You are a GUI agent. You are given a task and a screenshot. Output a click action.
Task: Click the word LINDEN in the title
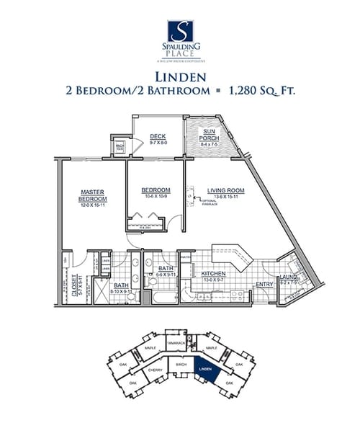(180, 76)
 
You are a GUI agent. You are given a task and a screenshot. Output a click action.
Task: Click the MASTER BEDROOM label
(94, 195)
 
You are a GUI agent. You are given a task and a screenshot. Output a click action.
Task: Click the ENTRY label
(264, 284)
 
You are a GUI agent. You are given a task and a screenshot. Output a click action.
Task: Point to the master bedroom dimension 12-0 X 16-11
(94, 205)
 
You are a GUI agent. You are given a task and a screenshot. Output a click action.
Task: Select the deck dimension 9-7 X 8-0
(158, 143)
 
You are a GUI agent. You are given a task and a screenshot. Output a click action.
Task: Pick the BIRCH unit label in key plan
(181, 365)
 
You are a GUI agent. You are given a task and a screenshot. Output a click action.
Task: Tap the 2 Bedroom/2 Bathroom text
(134, 92)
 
